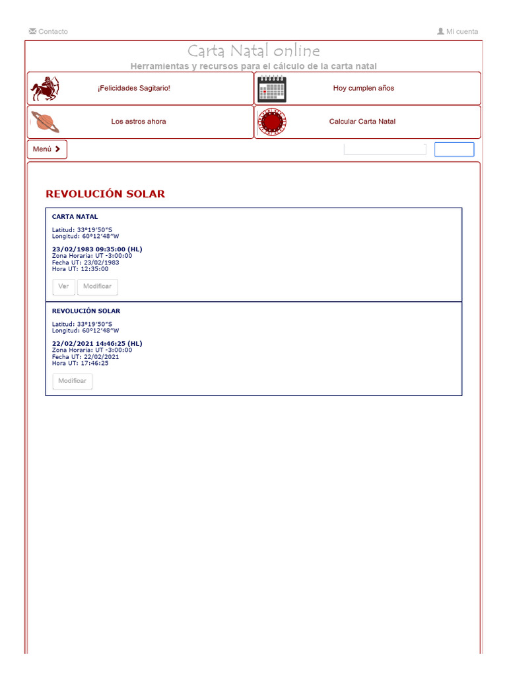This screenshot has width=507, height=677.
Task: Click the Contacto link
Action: coord(48,32)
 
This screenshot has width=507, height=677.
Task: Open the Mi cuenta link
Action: coord(457,32)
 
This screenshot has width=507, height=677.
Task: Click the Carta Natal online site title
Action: coord(253,51)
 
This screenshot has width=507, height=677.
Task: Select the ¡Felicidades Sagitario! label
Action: coord(134,88)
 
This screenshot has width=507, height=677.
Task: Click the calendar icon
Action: coord(272,89)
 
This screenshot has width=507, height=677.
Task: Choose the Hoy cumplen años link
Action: coord(364,88)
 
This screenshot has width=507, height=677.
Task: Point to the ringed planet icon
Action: coord(45,122)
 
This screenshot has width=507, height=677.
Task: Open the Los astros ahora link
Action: coord(139,122)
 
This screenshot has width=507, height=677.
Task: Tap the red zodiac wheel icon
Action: coord(272,122)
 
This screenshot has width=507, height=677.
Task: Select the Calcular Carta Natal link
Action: coord(362,122)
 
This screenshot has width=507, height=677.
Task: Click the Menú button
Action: coord(47,149)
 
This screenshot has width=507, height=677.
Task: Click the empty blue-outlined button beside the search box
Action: coord(454,149)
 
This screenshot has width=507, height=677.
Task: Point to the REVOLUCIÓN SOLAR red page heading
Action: coord(105,194)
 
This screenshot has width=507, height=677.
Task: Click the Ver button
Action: coord(63,287)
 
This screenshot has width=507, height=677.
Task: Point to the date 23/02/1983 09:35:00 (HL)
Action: coord(97,249)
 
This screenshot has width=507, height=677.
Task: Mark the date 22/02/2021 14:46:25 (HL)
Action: coord(97,344)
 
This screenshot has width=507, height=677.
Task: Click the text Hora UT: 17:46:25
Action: coord(81,363)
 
